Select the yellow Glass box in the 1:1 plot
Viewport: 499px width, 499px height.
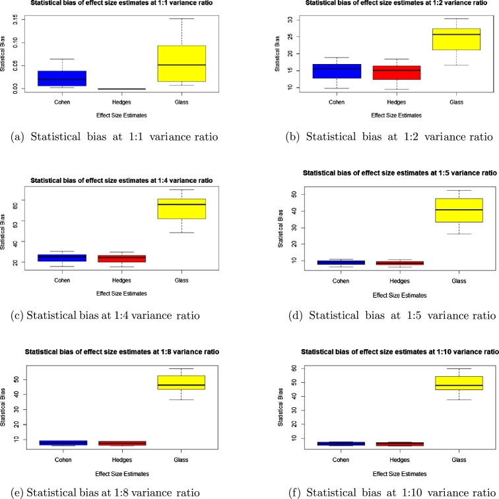pyautogui.click(x=182, y=63)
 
